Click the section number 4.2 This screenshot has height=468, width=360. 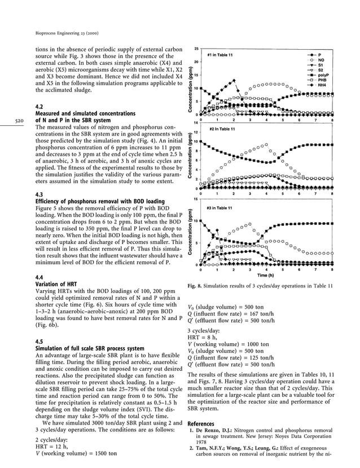39,106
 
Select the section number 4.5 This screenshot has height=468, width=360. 39,342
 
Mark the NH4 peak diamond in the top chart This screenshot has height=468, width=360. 234,78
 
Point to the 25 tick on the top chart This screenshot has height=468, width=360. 195,49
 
